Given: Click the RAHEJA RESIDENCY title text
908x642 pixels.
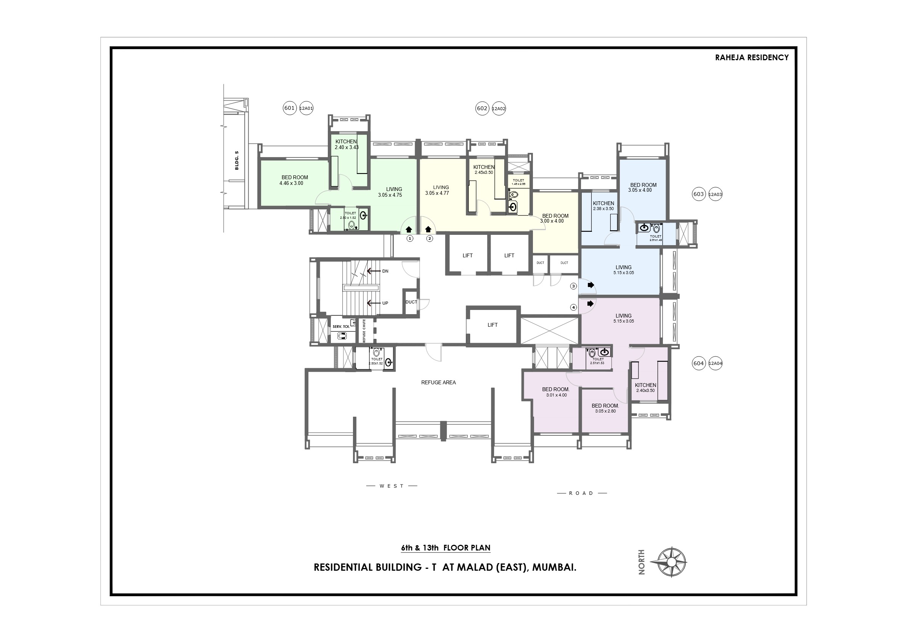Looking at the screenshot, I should click(751, 58).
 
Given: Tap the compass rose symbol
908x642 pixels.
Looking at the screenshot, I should click(672, 562).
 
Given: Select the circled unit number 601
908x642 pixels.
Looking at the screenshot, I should click(289, 108).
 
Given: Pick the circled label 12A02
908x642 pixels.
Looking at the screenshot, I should click(499, 109).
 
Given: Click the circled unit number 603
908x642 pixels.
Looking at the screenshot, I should click(698, 194).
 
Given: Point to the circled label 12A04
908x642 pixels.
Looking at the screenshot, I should click(715, 364).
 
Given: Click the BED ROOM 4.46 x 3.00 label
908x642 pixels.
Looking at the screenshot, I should click(294, 180).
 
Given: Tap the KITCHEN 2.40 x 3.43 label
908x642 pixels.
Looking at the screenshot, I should click(346, 144).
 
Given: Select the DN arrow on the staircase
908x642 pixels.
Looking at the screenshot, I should click(375, 271).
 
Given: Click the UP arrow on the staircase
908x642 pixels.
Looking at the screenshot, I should click(375, 303).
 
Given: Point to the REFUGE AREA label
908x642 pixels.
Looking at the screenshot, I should click(438, 382).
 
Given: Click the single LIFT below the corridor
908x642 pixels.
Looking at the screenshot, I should click(493, 325).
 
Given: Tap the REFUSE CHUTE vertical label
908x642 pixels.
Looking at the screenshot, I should click(364, 331).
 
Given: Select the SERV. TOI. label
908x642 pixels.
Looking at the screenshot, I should click(341, 327).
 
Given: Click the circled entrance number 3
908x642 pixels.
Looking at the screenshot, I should click(573, 286).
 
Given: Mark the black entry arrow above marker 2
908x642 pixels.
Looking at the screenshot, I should click(428, 230).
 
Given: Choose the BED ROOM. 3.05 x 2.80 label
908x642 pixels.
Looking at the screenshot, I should click(605, 408).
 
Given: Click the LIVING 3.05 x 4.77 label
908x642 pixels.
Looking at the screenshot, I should click(441, 190).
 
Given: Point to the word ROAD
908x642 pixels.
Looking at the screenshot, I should click(581, 493).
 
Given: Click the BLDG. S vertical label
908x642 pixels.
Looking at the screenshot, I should click(237, 160).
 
